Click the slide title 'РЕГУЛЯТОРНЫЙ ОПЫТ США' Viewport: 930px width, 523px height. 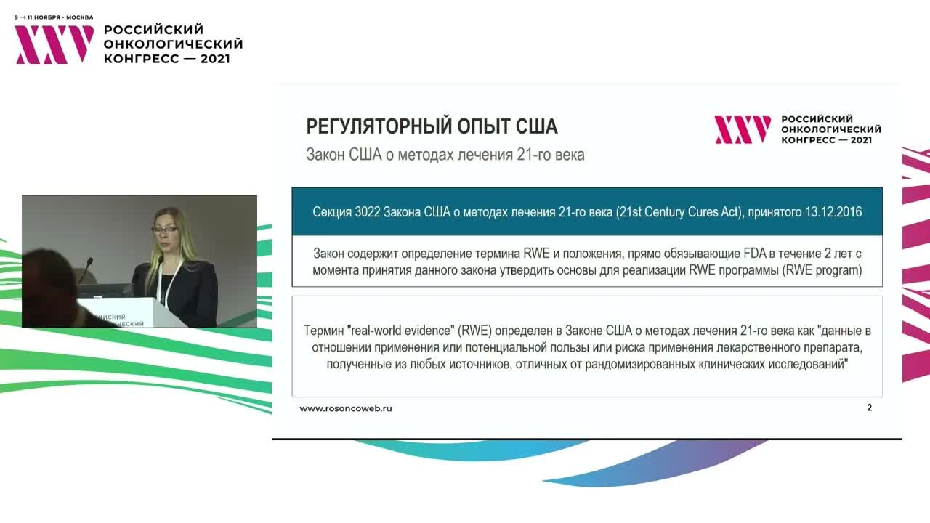click(432, 126)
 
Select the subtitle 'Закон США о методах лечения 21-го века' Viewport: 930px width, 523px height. click(445, 155)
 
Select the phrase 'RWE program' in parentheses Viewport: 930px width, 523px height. click(825, 271)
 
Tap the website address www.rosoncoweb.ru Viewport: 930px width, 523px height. click(346, 408)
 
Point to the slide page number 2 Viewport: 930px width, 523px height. click(869, 408)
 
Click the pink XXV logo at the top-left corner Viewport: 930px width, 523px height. click(54, 44)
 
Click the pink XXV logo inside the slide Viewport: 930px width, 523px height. click(742, 130)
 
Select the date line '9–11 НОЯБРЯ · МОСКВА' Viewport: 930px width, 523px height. click(54, 17)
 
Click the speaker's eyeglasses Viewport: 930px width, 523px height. click(165, 230)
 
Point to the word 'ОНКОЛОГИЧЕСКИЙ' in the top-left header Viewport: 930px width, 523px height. click(173, 44)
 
